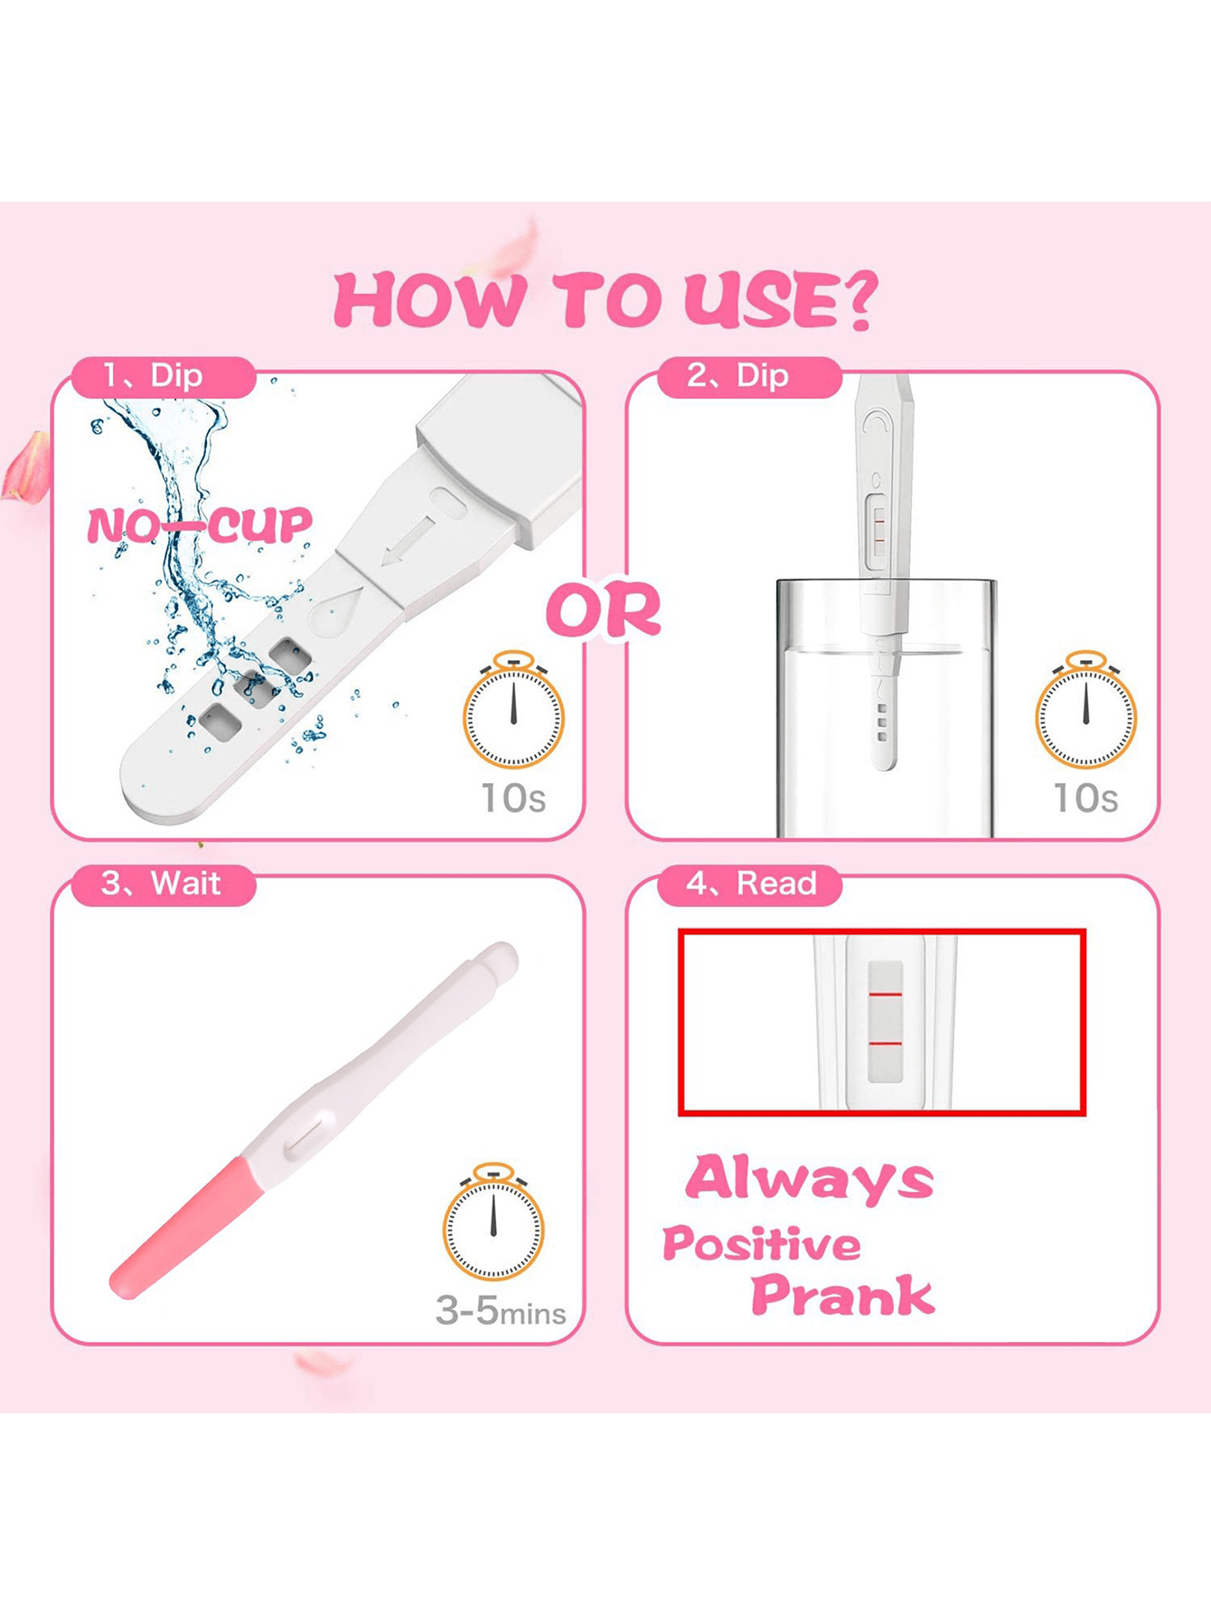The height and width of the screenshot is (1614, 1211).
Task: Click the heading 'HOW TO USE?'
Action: [x=605, y=300]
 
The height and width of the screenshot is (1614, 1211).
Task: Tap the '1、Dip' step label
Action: [x=153, y=375]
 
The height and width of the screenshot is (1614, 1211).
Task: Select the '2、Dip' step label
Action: [x=738, y=375]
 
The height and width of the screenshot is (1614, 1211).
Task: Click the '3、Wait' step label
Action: [x=161, y=883]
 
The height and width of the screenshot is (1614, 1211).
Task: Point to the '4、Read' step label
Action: [x=751, y=883]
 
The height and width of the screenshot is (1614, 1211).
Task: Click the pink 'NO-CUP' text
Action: [x=200, y=525]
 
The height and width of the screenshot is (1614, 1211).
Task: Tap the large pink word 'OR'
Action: [x=604, y=610]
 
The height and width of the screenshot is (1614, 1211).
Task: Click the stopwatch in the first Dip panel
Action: [x=513, y=710]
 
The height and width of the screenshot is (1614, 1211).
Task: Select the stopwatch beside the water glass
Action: [x=1085, y=710]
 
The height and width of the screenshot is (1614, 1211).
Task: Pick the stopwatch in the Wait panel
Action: [x=493, y=1222]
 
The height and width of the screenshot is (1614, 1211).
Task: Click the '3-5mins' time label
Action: [x=501, y=1310]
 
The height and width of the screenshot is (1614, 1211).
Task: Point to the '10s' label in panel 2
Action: [x=1085, y=798]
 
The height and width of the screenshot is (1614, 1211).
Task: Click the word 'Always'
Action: [x=809, y=1179]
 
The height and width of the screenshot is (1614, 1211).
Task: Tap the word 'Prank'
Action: [x=842, y=1295]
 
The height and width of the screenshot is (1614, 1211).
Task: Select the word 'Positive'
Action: [x=761, y=1244]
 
